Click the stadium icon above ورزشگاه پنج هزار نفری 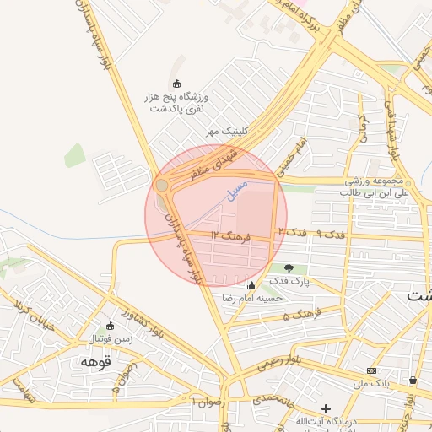(x=176, y=83)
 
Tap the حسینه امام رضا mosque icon (x=251, y=285)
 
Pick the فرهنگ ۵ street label (x=298, y=316)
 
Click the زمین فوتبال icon (x=109, y=327)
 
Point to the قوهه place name (x=95, y=361)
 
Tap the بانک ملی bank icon (x=371, y=371)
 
